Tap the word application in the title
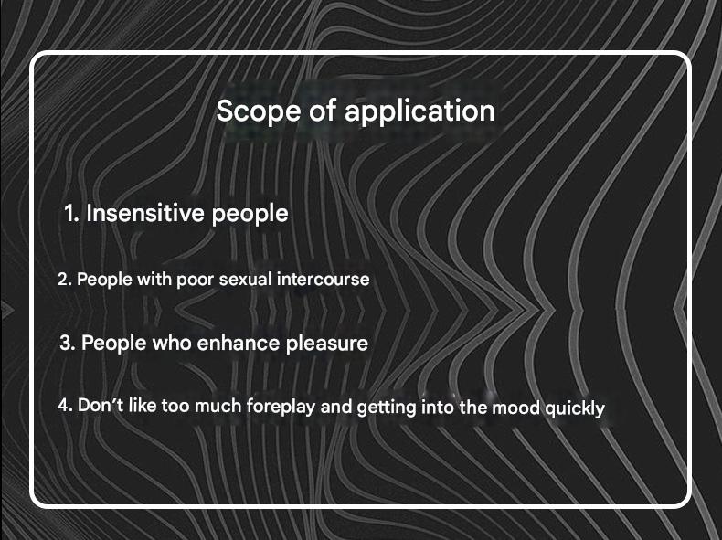(x=419, y=112)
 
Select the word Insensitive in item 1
(x=145, y=213)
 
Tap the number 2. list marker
(x=65, y=280)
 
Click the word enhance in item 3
(x=238, y=343)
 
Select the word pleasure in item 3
(x=326, y=344)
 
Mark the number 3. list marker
(x=68, y=344)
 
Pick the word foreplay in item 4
(x=281, y=407)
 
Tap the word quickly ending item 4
(x=575, y=408)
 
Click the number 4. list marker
(x=65, y=406)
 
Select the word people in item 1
(x=250, y=214)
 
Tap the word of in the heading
(x=323, y=111)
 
